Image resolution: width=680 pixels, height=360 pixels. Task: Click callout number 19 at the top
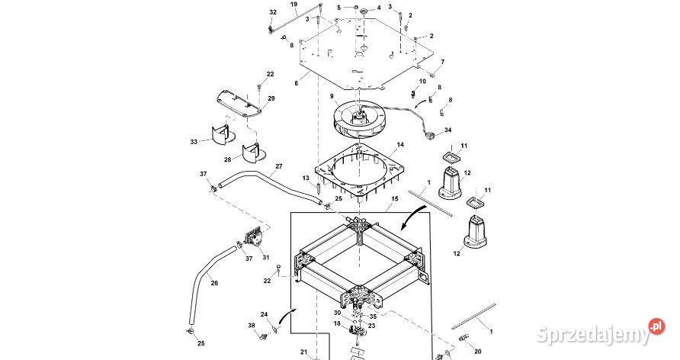point(293,5)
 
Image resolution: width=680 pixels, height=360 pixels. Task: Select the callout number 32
point(273,13)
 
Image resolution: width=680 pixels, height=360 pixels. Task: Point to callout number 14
point(400,144)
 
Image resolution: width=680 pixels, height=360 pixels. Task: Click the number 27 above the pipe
point(279,166)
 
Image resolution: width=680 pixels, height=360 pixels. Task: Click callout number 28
point(227,159)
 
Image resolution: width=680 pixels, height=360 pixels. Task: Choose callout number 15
point(394,198)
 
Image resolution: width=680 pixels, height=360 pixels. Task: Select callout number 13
point(306,178)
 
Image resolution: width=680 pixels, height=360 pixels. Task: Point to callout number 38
point(252,326)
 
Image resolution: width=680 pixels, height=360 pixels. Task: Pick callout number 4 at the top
point(378,8)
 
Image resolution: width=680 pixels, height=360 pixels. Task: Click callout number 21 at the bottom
point(303,352)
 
